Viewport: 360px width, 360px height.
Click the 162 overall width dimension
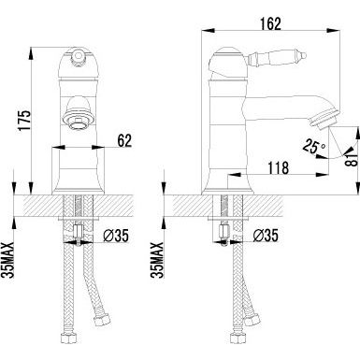point(270,23)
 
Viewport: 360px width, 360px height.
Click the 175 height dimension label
point(25,121)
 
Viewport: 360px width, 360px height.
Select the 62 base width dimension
point(124,141)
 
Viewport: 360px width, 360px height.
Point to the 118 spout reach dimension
point(278,167)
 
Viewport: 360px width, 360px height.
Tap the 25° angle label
point(314,146)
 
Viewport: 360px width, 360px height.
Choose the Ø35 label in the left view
point(115,236)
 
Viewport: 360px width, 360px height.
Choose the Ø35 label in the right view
point(266,236)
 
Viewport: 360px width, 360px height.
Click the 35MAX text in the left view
point(7,260)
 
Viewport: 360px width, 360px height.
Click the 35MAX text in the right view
point(157,260)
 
